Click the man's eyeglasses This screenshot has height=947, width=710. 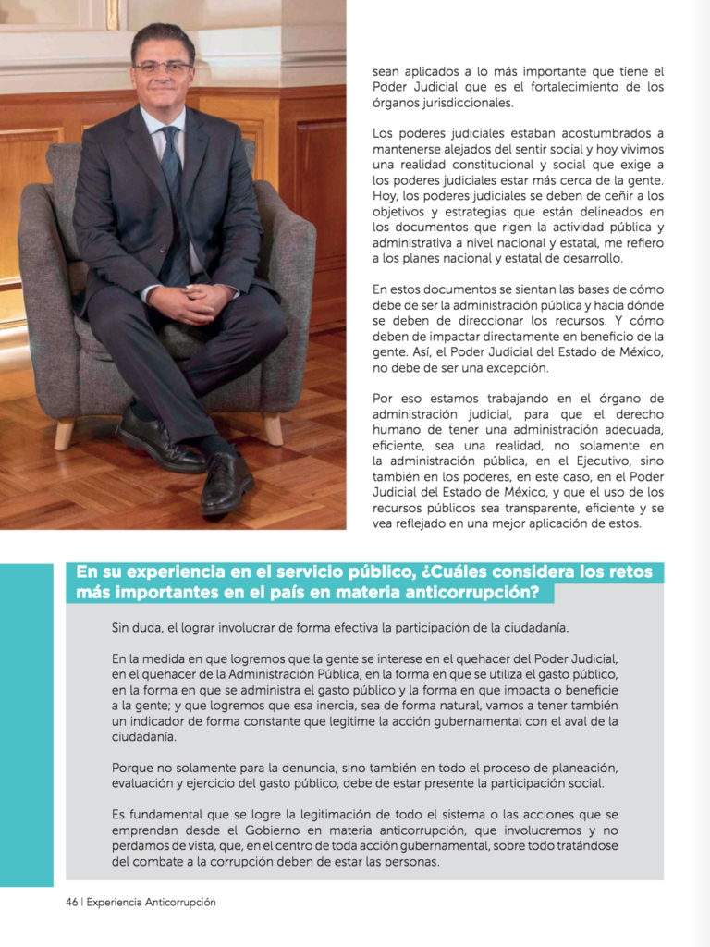[163, 68]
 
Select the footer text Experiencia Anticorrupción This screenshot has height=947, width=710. [152, 902]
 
